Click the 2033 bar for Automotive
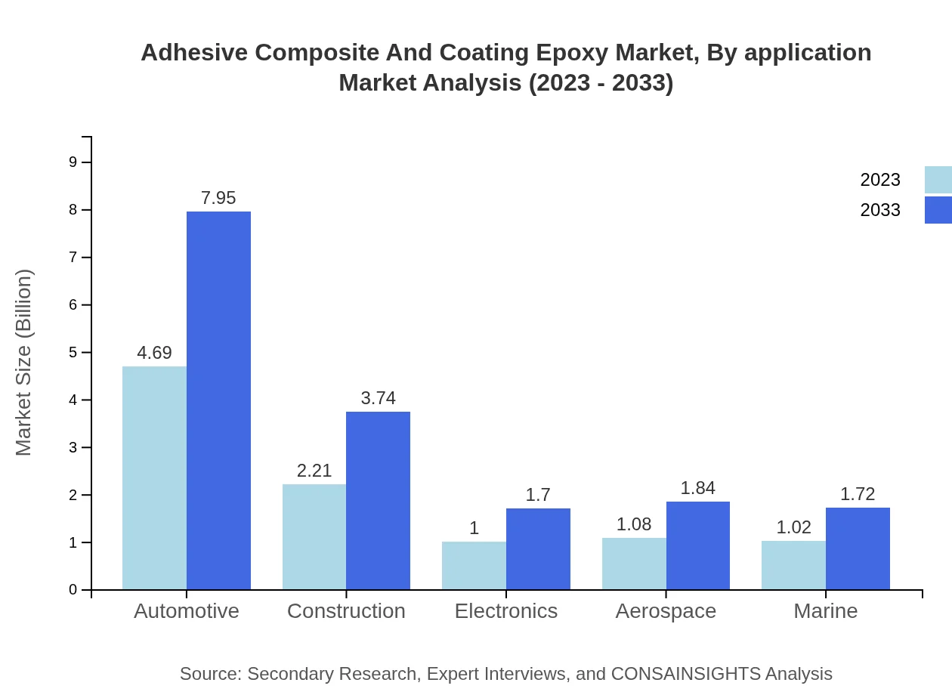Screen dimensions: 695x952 tap(218, 400)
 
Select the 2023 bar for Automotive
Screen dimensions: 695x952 tap(154, 477)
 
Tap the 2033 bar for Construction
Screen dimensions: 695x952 tap(378, 500)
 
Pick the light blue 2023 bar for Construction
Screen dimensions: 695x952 tap(314, 536)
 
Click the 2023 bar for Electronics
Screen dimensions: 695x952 tap(474, 565)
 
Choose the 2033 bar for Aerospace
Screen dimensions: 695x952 tap(698, 545)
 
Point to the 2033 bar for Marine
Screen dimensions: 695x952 tap(858, 548)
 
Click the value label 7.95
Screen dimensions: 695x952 tap(218, 198)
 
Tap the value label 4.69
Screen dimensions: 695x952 tap(154, 353)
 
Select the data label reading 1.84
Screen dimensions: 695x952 tap(697, 488)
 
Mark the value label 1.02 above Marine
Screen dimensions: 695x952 tap(793, 527)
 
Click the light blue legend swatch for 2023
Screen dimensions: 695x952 tap(938, 180)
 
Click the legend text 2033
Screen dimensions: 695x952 tap(879, 210)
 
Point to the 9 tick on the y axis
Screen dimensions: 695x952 tap(73, 162)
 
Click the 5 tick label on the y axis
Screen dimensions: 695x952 tap(73, 353)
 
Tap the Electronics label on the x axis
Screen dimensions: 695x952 tap(506, 611)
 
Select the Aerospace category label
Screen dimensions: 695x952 tap(666, 611)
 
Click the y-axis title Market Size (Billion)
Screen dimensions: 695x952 tap(24, 363)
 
